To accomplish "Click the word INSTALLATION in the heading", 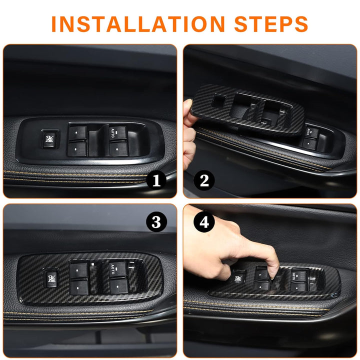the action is pos(138,24).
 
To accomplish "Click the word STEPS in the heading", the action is pos(271,24).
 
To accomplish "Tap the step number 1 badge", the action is pos(156,180).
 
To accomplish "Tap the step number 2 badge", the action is pos(204,180).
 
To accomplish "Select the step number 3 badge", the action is pos(156,222).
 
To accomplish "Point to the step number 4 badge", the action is pos(204,222).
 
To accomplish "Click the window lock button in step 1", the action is pos(49,139).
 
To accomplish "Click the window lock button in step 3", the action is pos(51,278).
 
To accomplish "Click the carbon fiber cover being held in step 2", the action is pos(248,110).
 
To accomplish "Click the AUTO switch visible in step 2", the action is pos(311,132).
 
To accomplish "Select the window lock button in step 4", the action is pos(238,277).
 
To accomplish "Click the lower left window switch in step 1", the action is pos(77,149).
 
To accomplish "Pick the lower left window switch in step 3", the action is pos(79,287).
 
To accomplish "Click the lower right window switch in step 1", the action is pos(118,149).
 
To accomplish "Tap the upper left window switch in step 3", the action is pos(78,270).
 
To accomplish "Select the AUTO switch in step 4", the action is pos(298,276).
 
